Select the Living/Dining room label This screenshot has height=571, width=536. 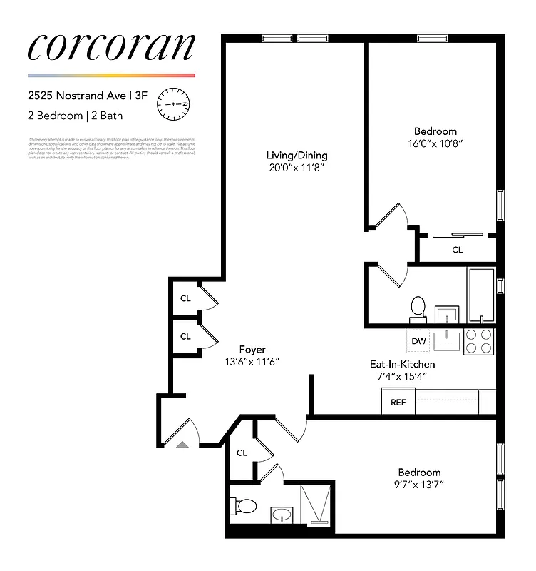click(x=297, y=156)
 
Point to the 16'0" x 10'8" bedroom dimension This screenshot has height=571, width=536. click(x=435, y=143)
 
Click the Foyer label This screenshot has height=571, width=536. click(x=252, y=350)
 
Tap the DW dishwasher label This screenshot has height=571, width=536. click(x=418, y=342)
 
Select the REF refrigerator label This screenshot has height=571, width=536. click(x=398, y=403)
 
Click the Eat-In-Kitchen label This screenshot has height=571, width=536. click(x=401, y=364)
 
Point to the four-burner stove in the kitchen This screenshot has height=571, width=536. click(x=479, y=341)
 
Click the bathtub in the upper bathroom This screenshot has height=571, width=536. click(x=481, y=295)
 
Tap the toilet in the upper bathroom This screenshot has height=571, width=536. click(x=418, y=308)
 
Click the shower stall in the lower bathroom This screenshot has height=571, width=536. click(x=314, y=505)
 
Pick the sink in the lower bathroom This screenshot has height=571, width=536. click(x=281, y=514)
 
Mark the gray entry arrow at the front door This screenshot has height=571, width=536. click(x=182, y=444)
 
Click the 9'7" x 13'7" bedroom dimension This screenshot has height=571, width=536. click(x=419, y=485)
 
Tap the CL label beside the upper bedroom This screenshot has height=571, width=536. click(x=458, y=250)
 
